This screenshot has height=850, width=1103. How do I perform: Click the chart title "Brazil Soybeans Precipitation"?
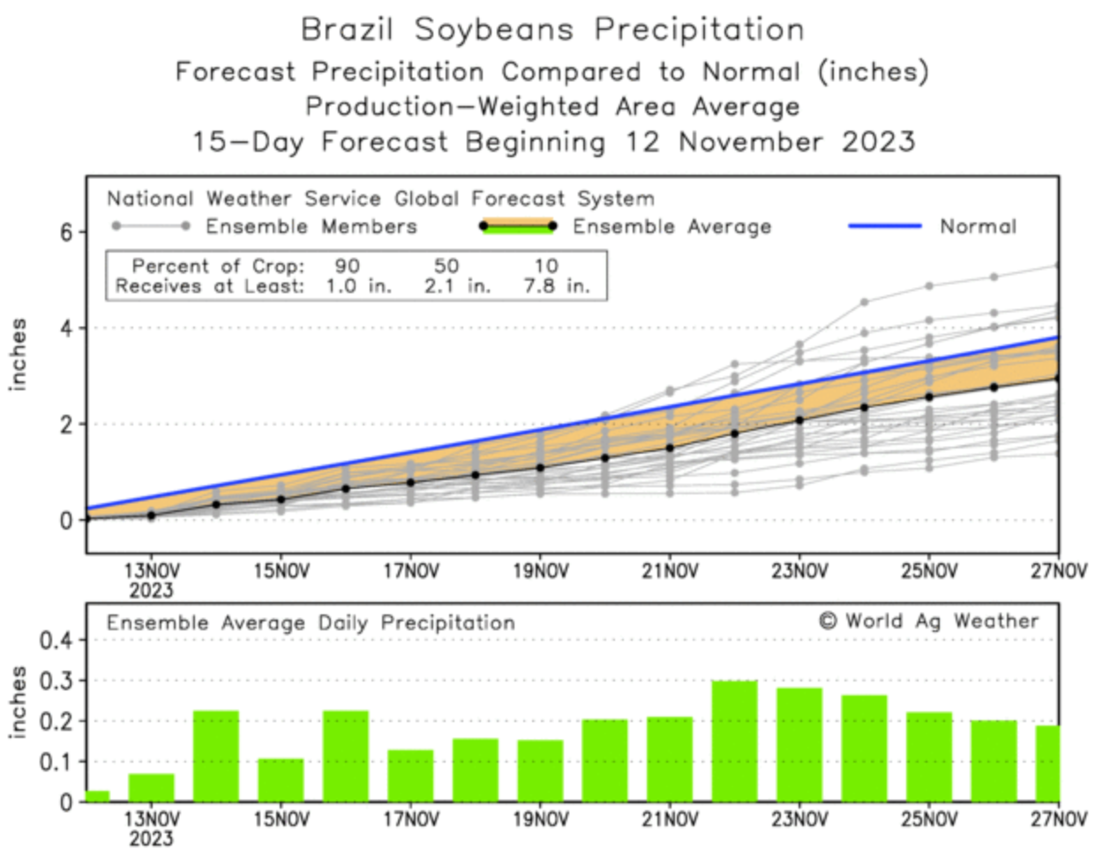pos(552,29)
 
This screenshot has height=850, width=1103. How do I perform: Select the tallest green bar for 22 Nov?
pos(734,741)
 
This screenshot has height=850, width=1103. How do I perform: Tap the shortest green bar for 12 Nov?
pos(97,796)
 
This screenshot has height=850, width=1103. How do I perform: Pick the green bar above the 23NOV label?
pos(799,745)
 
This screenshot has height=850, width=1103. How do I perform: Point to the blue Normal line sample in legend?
pos(885,226)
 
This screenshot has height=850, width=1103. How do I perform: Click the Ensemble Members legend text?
pos(311,227)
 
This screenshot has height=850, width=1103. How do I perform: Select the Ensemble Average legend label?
pos(672,227)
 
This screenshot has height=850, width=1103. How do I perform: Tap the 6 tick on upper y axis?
pos(66,232)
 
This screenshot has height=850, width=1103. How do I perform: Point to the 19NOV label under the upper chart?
pos(540,571)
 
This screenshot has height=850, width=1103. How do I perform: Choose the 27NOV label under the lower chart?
pos(1058,820)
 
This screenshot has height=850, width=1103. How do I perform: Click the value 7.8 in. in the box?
pos(556,286)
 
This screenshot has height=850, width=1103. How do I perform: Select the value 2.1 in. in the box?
pos(457,286)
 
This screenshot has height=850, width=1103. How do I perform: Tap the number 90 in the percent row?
pos(347,266)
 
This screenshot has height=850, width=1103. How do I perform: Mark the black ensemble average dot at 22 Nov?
pos(734,433)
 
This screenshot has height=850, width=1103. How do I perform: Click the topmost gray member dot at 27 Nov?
pos(1057,265)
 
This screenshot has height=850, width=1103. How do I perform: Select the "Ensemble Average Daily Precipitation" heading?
pos(311,623)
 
